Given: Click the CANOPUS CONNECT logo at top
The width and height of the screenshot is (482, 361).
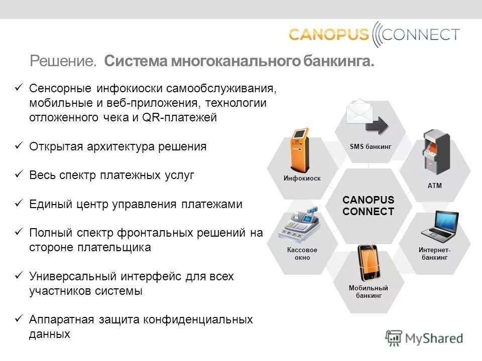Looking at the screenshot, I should [x=374, y=34].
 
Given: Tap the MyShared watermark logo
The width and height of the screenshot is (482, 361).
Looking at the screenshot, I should [x=424, y=337].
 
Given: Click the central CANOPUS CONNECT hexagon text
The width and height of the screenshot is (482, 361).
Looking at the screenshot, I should [x=368, y=206].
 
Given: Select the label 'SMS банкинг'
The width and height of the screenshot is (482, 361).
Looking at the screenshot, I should [x=370, y=146].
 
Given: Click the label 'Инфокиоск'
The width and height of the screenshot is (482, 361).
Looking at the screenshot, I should [x=302, y=178].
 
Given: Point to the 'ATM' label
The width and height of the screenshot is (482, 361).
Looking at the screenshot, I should [x=434, y=186].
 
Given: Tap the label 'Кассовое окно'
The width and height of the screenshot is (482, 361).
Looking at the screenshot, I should [x=302, y=254].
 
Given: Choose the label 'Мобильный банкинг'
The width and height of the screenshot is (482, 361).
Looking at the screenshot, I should [x=369, y=292].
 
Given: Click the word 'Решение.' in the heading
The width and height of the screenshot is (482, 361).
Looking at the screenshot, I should [x=63, y=62].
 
